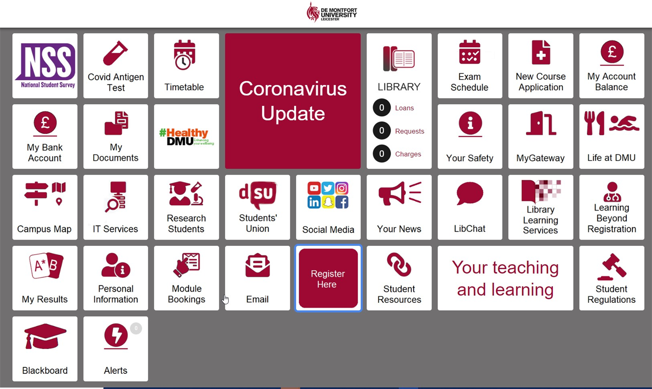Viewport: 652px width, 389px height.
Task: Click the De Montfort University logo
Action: coord(332,12)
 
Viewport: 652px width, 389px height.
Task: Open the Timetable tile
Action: coord(186,66)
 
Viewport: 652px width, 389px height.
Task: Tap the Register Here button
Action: coord(328,278)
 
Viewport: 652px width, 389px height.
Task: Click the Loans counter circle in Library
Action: coord(381,108)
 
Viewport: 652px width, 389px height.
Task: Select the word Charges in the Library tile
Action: coord(408,154)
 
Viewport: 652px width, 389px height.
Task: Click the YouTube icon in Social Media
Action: coord(314,189)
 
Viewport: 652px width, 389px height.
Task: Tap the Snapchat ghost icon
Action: coord(328,202)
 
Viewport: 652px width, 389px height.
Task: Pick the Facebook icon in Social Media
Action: coord(342,202)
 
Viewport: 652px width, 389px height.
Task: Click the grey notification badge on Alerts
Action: coord(136,328)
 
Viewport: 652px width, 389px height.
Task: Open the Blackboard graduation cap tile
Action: coord(45,349)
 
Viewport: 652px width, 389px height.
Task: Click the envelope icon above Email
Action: coord(258,266)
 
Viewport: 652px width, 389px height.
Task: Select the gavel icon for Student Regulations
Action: coord(612,267)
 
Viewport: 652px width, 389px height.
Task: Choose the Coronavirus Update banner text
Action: coord(293,101)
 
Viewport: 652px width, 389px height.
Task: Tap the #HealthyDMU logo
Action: coord(186,137)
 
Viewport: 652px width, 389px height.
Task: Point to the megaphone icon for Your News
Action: coord(400,193)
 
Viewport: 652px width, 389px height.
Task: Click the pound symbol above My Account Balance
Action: coord(612,52)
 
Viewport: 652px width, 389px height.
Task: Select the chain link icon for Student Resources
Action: coord(399,264)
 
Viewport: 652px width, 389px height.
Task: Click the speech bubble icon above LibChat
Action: coord(470,193)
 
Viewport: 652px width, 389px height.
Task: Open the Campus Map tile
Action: coord(45,207)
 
